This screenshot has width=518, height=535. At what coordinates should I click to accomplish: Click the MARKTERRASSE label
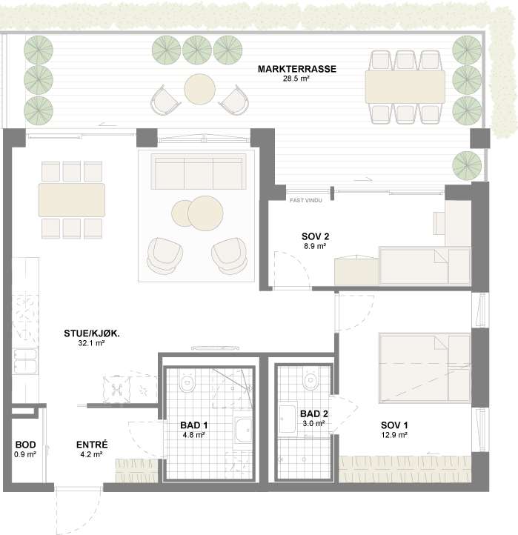(x=297, y=69)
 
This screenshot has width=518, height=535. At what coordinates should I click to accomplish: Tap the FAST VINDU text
(x=306, y=200)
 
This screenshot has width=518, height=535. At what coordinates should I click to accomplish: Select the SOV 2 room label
(x=315, y=236)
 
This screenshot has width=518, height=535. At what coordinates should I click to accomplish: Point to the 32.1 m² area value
(x=91, y=343)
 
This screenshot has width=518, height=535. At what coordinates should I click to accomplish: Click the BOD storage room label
(x=26, y=445)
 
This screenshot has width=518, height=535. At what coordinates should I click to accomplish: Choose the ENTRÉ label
(x=92, y=445)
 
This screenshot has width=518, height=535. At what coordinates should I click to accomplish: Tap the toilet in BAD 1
(x=187, y=381)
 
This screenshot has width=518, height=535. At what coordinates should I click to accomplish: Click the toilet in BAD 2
(x=311, y=379)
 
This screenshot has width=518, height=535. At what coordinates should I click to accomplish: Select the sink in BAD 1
(x=243, y=431)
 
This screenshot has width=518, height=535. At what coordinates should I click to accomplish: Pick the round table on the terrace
(x=199, y=90)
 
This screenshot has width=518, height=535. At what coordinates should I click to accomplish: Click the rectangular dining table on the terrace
(x=405, y=87)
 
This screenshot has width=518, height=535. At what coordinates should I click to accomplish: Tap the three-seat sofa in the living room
(x=199, y=171)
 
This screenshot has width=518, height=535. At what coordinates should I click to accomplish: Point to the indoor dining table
(x=72, y=200)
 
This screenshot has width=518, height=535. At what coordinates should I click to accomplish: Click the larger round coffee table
(x=205, y=213)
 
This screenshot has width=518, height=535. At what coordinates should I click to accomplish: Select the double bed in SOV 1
(x=425, y=368)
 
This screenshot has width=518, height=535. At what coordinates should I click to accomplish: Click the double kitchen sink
(x=25, y=362)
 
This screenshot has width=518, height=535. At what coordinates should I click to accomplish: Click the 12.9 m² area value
(x=394, y=435)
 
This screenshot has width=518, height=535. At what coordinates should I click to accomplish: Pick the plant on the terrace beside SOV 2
(x=467, y=165)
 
